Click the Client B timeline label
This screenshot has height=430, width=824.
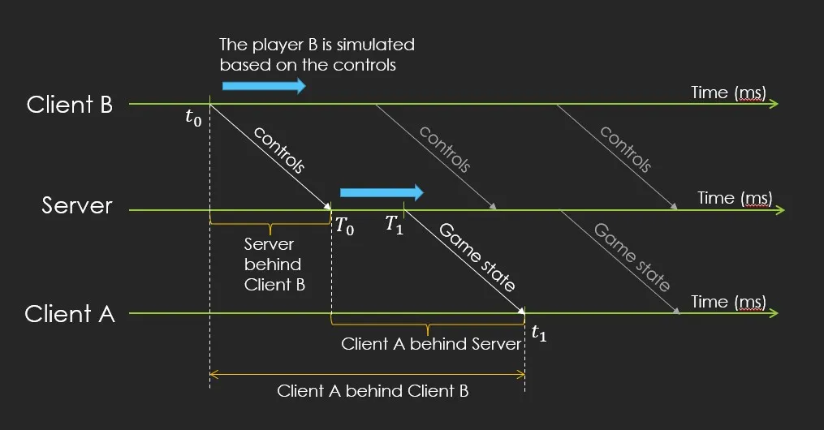tap(69, 105)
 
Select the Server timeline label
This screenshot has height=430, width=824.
tap(77, 206)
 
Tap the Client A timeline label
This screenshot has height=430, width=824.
tap(70, 314)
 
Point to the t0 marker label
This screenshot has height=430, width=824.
tap(192, 118)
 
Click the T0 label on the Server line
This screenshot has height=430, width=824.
tap(344, 226)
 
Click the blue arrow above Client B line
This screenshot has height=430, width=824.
tap(263, 86)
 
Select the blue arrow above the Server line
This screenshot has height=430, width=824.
tap(382, 192)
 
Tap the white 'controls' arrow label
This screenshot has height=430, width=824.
tap(278, 150)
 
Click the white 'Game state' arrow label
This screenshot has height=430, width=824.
tap(477, 257)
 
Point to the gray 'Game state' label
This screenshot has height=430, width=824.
tap(632, 257)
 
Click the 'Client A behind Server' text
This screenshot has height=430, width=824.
tap(431, 344)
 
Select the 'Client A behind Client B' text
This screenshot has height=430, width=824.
tap(373, 391)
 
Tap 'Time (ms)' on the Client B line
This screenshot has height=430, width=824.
tap(728, 92)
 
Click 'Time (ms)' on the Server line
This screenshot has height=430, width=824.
tap(735, 198)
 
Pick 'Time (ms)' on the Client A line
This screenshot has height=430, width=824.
tap(728, 302)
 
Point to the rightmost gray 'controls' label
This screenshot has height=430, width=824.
tap(626, 150)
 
